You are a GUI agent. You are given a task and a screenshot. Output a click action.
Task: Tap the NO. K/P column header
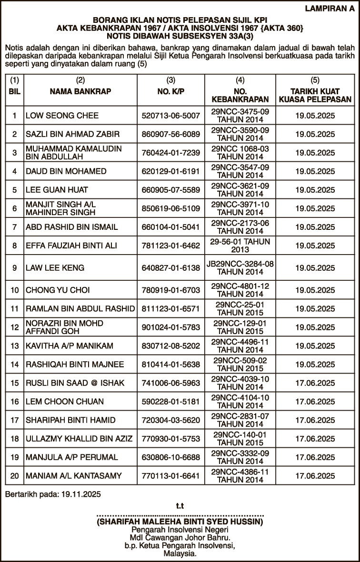(171, 90)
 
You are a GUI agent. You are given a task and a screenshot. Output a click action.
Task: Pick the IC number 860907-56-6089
(171, 134)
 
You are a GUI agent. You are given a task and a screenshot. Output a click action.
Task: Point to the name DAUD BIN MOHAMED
(59, 171)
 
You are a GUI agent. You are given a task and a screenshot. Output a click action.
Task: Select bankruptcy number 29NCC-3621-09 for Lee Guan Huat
(240, 187)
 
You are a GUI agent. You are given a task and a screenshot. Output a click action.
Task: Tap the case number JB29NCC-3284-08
(240, 264)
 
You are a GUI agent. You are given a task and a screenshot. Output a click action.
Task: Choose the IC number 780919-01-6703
(171, 290)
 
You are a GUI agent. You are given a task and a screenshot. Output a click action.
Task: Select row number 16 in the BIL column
(15, 402)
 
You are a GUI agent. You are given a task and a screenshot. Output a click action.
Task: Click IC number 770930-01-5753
(171, 439)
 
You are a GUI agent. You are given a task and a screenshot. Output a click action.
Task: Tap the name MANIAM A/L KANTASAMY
(74, 476)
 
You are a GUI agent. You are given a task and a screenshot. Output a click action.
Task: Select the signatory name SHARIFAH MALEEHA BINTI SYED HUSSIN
(180, 522)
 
